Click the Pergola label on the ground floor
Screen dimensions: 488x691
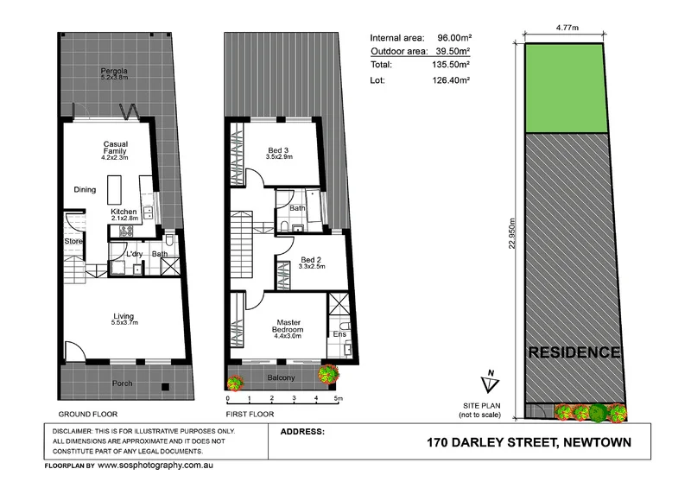113,71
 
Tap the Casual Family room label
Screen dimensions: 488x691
115,149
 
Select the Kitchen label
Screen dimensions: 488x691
124,214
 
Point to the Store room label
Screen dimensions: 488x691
73,242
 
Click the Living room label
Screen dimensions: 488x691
124,317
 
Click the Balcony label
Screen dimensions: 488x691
281,378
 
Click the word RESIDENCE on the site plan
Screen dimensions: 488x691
574,352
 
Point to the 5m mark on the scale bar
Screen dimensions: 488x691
339,399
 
